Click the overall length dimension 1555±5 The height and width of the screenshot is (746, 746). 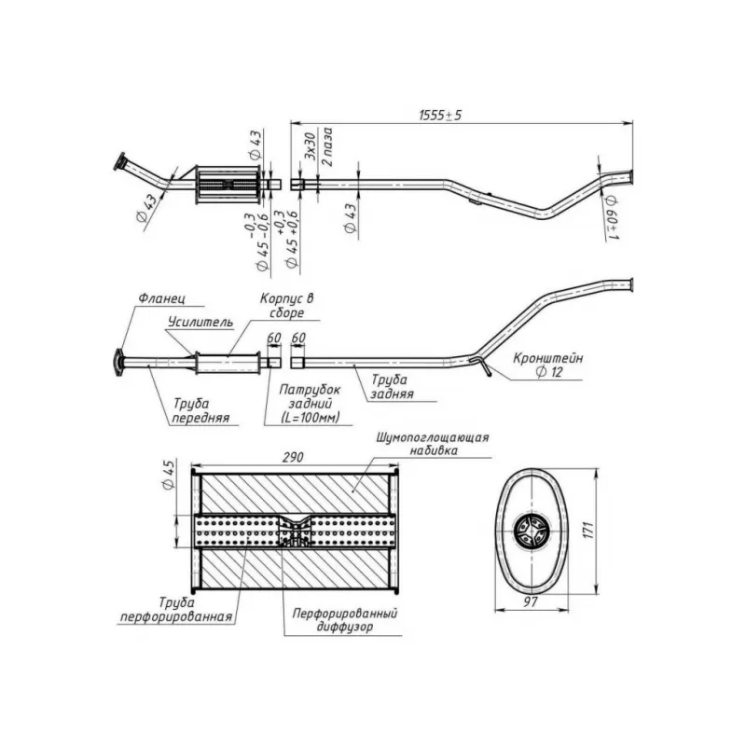coord(440,116)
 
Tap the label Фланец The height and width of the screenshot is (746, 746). coord(161,298)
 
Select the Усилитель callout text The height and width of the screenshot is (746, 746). coord(200,322)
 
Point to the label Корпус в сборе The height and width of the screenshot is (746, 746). coord(287,306)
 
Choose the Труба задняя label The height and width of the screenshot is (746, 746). coord(392,387)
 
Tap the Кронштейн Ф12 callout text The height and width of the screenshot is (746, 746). coord(548,365)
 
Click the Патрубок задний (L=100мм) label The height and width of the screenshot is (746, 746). coord(310,404)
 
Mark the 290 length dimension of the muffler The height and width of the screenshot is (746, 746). coord(293,457)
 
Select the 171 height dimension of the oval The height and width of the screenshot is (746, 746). coord(588,530)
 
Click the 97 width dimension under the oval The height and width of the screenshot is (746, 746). coord(531,601)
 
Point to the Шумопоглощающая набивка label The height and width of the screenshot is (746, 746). coord(433,444)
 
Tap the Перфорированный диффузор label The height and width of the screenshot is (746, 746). coord(345,620)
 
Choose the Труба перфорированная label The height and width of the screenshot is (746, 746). coord(176,610)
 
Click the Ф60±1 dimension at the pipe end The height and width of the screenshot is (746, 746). coord(613,217)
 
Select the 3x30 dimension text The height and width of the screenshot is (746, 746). coord(310,146)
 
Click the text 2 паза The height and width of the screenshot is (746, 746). coord(327,146)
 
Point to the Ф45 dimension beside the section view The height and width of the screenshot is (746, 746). coord(169,474)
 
